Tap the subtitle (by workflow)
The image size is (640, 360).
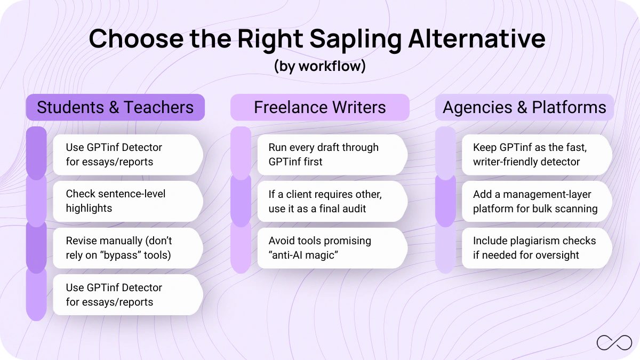click(x=319, y=66)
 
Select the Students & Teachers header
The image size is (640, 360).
click(x=115, y=107)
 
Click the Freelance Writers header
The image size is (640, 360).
click(x=319, y=107)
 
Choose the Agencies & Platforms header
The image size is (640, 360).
click(x=524, y=107)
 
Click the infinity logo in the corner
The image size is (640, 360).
click(x=614, y=342)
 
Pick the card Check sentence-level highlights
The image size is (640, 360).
click(x=127, y=201)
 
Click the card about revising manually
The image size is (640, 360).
click(x=127, y=248)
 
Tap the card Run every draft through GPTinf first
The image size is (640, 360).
click(x=331, y=155)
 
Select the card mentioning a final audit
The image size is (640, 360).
click(x=331, y=201)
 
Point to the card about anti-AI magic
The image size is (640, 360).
click(x=331, y=248)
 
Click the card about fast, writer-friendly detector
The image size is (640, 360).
click(x=535, y=155)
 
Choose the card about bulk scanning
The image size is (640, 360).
click(x=535, y=201)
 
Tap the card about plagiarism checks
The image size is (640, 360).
click(x=535, y=248)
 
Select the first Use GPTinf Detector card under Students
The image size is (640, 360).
click(x=127, y=155)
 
